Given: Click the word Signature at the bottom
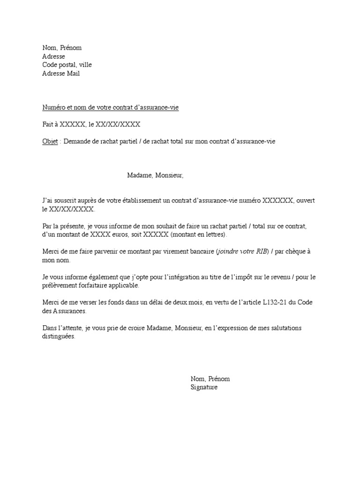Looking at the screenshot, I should tap(204, 388).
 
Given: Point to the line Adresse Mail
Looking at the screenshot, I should tap(61, 74).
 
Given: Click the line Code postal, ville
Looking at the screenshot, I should tap(70, 65).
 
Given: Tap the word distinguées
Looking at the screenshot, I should tap(58, 337).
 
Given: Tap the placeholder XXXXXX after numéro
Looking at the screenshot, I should tap(278, 201).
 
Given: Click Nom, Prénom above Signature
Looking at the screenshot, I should tap(210, 379).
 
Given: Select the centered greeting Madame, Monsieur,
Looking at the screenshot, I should tap(156, 175).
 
